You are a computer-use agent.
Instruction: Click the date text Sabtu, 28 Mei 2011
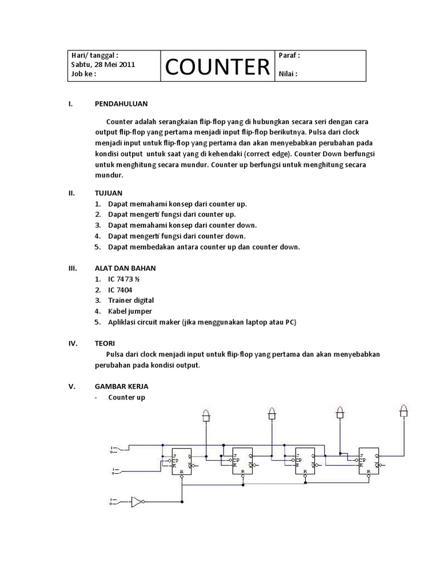click(103, 64)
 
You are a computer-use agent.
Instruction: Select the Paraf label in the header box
click(289, 56)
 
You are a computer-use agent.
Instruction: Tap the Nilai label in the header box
click(288, 74)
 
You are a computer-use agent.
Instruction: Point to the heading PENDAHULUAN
click(121, 104)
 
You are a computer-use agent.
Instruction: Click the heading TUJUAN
click(108, 193)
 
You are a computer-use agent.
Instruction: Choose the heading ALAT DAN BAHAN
click(125, 268)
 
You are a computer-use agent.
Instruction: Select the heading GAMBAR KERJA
click(121, 386)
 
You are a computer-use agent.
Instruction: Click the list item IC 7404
click(120, 290)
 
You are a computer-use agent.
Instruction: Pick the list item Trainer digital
click(131, 300)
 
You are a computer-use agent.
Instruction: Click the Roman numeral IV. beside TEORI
click(73, 343)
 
